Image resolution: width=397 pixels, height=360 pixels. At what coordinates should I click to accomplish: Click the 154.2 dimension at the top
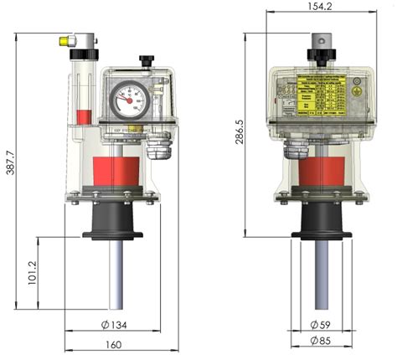coord(320,7)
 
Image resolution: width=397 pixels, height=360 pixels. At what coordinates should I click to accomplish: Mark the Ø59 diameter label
coord(318,324)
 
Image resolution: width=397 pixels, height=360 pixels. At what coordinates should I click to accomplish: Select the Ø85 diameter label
coord(318,341)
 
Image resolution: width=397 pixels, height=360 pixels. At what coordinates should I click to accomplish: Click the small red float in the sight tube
coord(83,116)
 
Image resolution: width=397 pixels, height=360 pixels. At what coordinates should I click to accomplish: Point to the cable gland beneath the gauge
coord(157,147)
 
